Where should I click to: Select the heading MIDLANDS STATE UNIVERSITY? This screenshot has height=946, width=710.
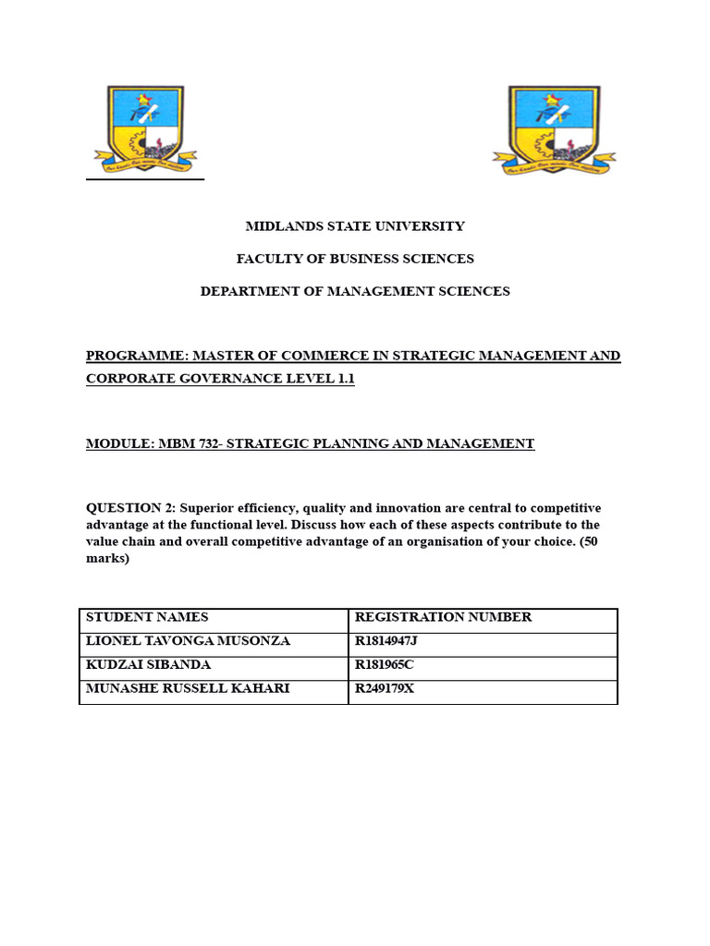[x=355, y=226]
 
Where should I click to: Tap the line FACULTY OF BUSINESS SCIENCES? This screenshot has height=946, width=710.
[x=355, y=259]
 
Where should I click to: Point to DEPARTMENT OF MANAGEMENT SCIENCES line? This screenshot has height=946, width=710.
[x=355, y=291]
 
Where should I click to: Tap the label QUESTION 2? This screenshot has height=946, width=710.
[x=129, y=508]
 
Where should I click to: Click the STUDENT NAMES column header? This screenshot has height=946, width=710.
[x=147, y=617]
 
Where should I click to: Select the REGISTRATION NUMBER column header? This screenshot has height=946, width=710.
[x=443, y=617]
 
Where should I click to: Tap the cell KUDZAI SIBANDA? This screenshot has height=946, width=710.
[x=148, y=665]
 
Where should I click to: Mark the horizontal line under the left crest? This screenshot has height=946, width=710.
[x=144, y=179]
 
